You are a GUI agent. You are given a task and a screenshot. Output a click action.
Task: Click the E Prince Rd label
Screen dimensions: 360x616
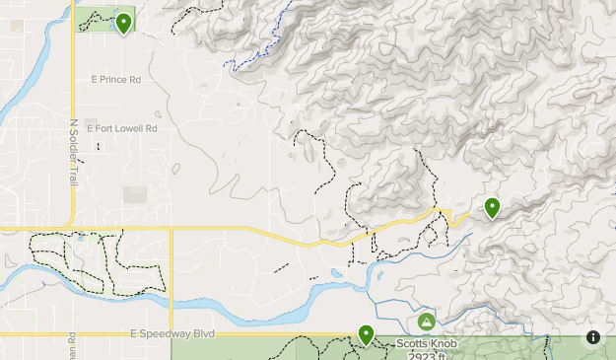[x=115, y=79]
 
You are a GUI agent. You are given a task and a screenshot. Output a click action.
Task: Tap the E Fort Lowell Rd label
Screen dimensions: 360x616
[x=122, y=128]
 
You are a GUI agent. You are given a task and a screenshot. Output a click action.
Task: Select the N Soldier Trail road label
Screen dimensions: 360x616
[x=73, y=153]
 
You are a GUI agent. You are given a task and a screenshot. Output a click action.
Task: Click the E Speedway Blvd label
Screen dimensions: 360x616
[x=172, y=334]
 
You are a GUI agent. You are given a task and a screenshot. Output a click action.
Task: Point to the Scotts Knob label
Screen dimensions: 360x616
[x=425, y=344]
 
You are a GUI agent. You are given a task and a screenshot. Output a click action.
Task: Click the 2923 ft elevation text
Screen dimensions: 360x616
[x=425, y=355]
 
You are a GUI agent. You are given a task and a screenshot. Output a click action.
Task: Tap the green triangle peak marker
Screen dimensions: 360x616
[x=426, y=323]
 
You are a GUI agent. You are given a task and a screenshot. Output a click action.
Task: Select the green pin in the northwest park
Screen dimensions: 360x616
[x=123, y=23]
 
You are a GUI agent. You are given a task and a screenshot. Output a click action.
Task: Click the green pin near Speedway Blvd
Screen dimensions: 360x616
[x=366, y=335]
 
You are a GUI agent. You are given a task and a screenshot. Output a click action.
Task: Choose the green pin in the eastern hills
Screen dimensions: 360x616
[x=491, y=207]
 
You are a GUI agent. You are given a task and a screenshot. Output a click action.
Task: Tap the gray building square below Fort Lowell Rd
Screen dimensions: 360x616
[x=135, y=195]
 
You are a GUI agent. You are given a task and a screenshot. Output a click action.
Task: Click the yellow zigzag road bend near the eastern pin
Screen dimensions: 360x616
[x=445, y=216]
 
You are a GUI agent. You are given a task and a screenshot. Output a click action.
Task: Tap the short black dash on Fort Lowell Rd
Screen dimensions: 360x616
[x=98, y=147]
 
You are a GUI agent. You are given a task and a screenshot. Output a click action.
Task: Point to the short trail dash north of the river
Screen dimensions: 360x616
[x=282, y=267]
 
